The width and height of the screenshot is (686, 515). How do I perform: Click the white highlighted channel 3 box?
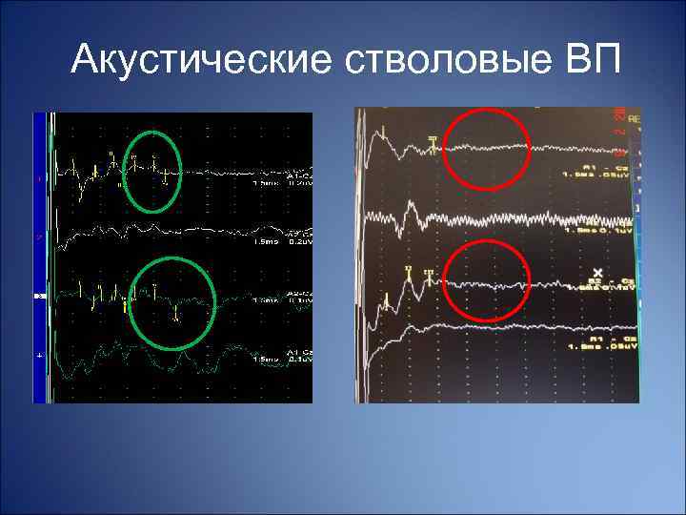click(x=39, y=298)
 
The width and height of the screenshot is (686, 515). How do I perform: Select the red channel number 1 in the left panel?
click(x=39, y=178)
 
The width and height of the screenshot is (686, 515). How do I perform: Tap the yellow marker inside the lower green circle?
click(x=177, y=318)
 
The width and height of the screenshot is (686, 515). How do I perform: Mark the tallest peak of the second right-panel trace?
click(x=411, y=205)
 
